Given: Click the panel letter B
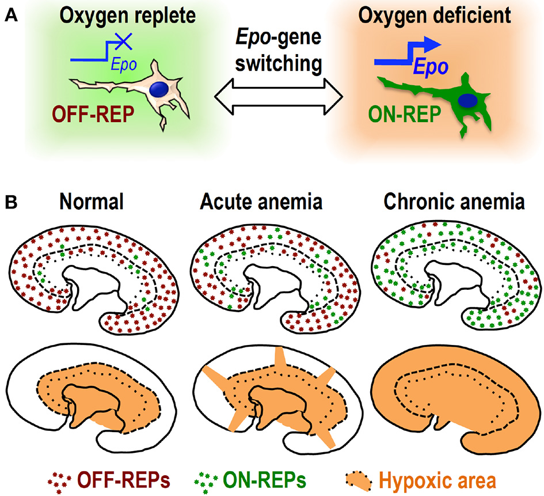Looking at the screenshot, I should (10, 203).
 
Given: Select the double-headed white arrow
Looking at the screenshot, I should (271, 94).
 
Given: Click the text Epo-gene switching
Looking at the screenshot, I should (271, 51).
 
